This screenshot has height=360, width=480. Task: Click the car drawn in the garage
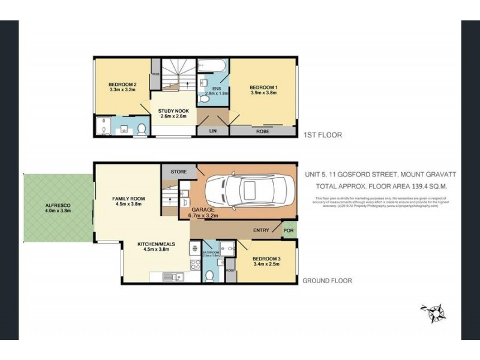[247, 191]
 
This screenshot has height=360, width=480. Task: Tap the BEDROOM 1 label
[263, 88]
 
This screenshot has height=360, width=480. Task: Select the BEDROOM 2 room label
[122, 84]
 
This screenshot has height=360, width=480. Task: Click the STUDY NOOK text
[173, 112]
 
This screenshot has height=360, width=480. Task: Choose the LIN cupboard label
[212, 131]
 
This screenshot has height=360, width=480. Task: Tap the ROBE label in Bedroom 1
[262, 131]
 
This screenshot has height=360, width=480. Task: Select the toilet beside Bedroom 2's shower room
[142, 128]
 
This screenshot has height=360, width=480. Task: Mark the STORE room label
[179, 172]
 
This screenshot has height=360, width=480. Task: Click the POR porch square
[289, 230]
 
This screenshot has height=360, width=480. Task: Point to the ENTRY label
[261, 230]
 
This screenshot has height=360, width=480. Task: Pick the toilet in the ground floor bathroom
[210, 275]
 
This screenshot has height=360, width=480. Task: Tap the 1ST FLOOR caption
[323, 135]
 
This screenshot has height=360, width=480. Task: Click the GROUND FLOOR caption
[327, 280]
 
